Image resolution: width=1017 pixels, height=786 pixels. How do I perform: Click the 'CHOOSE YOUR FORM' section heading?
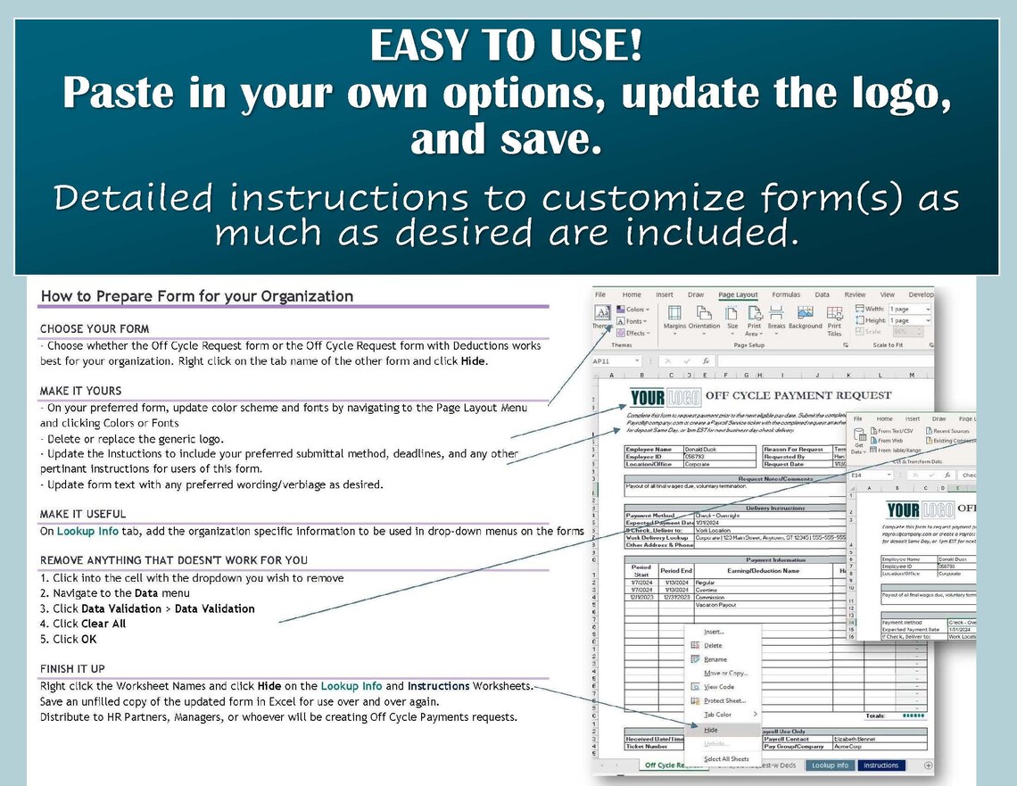point(95,329)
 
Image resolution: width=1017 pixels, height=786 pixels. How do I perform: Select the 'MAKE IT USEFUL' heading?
point(83,514)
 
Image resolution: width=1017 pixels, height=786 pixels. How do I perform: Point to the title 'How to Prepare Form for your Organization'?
point(197,296)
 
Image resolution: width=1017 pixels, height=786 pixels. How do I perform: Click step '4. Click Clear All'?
point(83,624)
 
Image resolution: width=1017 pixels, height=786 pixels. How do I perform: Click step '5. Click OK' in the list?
point(69,639)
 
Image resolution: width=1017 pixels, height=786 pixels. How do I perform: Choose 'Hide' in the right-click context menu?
point(711,730)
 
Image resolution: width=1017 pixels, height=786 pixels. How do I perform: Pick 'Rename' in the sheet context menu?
point(715,659)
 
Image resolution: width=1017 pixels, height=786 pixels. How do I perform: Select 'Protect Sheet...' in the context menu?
point(724,700)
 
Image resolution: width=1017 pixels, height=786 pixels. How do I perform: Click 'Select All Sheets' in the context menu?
point(726,759)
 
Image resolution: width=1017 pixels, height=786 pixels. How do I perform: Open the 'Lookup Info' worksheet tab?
point(829,765)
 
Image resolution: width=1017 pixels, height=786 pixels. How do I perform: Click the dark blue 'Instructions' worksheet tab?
point(881,765)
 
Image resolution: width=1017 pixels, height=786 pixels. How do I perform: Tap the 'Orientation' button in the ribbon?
point(704,318)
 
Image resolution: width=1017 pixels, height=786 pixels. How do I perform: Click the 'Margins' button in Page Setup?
point(674,318)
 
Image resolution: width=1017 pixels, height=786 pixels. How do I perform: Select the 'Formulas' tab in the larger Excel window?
point(786,294)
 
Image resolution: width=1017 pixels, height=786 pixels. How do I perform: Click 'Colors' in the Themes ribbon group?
point(636,310)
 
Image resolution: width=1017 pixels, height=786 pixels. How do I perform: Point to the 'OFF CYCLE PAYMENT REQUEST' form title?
point(798,395)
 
